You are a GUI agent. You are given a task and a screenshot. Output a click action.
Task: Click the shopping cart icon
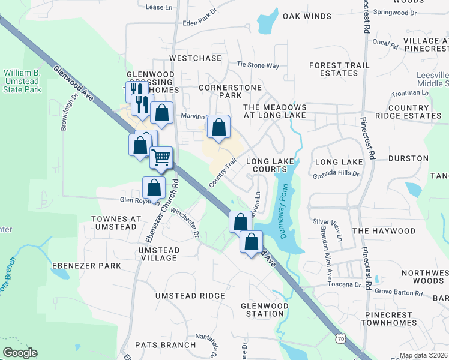pos(161,158)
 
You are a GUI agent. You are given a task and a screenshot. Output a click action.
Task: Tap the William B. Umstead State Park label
pos(22,81)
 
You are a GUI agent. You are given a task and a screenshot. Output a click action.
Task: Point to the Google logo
pos(20,352)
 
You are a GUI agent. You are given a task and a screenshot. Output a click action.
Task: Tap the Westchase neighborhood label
pos(196,58)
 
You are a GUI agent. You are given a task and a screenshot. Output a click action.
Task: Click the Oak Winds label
pos(307,16)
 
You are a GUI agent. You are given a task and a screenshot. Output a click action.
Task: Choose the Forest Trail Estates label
pos(333,69)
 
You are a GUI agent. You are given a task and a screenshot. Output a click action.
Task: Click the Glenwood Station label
pos(262,310)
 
